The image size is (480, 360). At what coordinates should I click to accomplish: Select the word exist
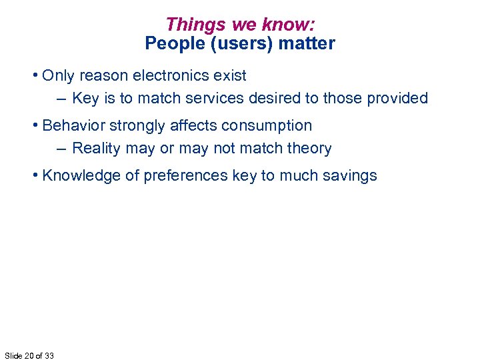pyautogui.click(x=231, y=75)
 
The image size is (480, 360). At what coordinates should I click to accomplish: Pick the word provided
pyautogui.click(x=395, y=98)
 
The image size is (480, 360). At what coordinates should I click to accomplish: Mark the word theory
pyautogui.click(x=309, y=148)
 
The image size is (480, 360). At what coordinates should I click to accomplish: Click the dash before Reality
pyautogui.click(x=61, y=148)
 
